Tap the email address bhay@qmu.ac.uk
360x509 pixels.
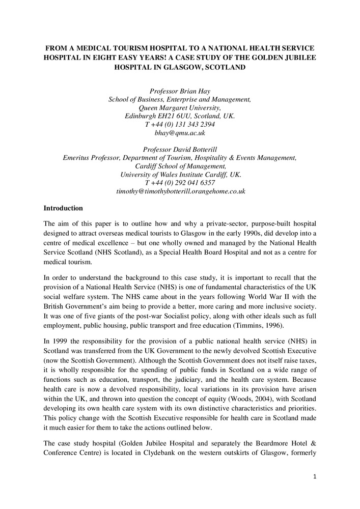180,132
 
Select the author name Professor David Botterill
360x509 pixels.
180,150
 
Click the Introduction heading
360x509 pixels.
63,208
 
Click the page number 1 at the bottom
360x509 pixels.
315,476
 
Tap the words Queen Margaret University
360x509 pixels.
180,107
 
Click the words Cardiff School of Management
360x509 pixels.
180,166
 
